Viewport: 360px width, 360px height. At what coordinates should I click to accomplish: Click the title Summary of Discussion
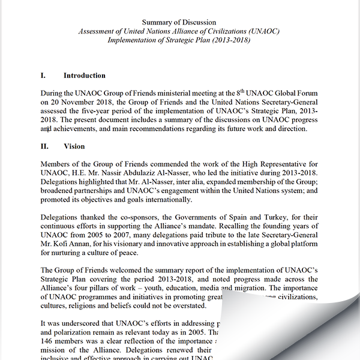tap(180, 22)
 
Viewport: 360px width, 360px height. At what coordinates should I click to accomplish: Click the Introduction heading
tap(84, 76)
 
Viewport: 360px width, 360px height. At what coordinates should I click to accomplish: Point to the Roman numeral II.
tap(44, 146)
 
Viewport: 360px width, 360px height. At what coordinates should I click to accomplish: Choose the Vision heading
tap(74, 146)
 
